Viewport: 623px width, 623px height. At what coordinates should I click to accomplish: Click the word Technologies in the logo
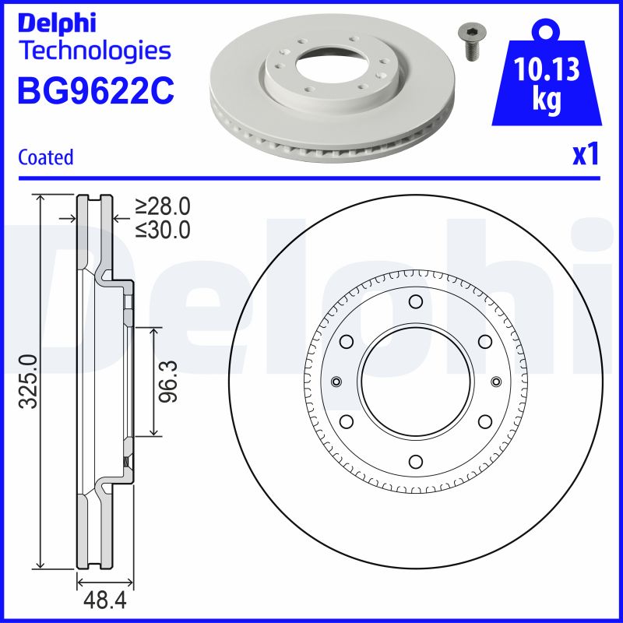93,51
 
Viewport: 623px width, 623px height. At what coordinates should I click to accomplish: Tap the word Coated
45,157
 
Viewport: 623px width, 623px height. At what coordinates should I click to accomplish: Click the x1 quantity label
586,156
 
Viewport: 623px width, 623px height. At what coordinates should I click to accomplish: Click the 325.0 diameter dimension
28,381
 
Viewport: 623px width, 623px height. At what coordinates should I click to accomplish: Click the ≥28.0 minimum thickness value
162,206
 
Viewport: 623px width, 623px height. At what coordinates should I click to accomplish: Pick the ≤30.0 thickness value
162,230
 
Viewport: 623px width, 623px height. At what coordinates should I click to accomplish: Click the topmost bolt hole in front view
415,301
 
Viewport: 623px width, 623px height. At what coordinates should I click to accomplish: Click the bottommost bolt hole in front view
415,461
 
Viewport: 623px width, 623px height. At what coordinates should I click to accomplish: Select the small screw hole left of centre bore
336,381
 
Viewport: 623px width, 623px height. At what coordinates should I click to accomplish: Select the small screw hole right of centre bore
495,381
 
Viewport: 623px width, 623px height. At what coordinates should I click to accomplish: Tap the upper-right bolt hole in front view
484,341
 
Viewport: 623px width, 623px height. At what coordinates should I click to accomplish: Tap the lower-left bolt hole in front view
347,421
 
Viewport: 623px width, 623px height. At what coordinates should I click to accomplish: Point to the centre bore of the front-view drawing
415,381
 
